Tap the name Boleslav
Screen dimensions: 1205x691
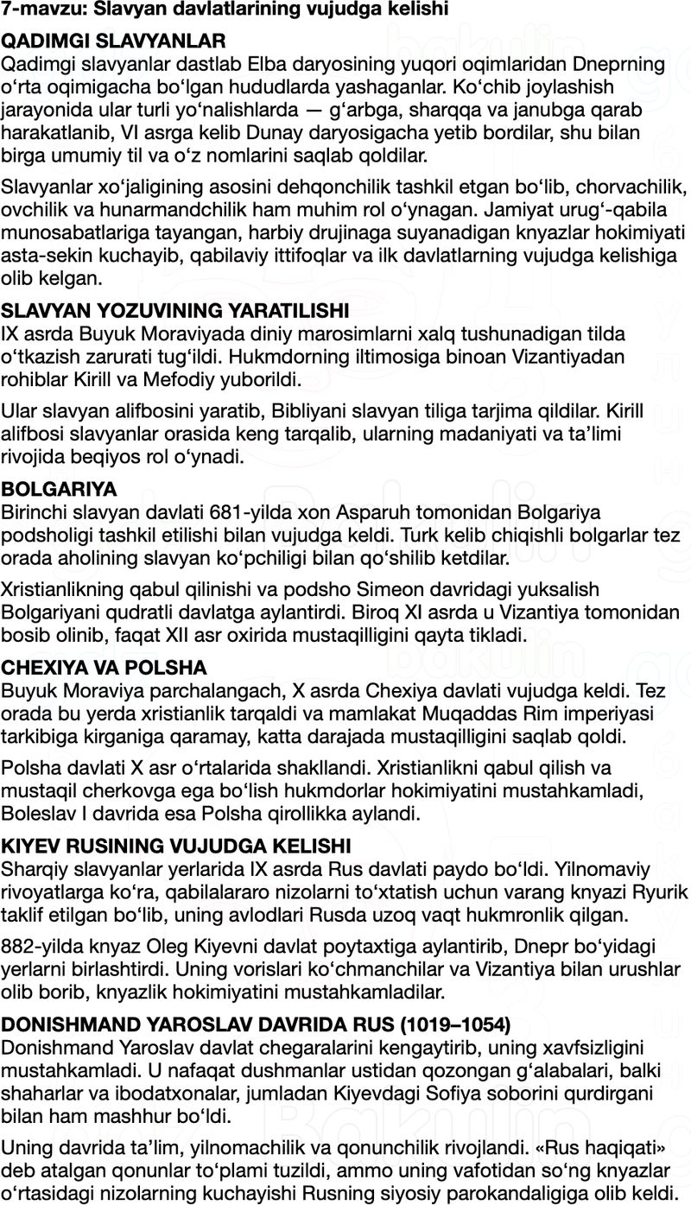[41, 814]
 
